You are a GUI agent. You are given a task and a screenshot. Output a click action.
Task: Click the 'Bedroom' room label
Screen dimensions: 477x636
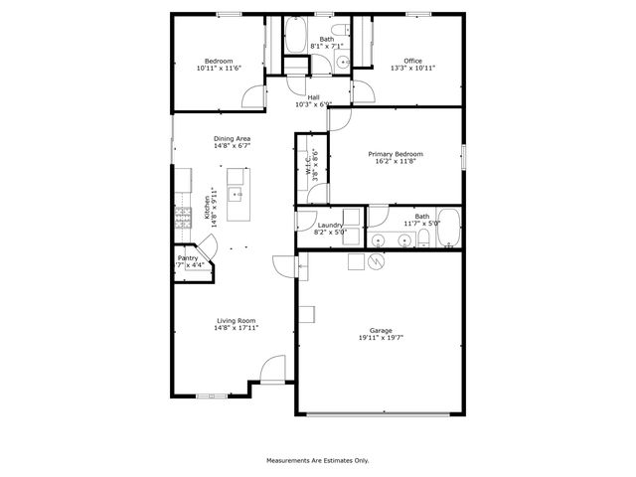219,61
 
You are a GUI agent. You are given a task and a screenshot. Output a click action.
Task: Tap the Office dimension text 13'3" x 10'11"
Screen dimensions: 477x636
412,68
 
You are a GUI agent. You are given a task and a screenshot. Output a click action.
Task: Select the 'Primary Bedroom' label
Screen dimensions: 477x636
396,154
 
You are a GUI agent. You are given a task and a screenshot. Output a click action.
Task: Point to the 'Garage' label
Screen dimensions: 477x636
381,331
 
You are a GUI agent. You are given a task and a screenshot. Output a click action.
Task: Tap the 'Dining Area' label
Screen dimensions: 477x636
232,138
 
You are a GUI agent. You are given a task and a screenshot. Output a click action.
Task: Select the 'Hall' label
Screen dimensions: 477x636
313,96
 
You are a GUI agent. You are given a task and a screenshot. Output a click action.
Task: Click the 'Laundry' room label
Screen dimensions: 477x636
330,225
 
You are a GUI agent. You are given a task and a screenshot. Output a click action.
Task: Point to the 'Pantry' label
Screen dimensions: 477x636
188,257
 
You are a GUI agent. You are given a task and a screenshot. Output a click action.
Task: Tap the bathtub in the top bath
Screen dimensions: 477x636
295,36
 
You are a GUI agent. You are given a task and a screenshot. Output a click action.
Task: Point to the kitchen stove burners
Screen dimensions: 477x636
184,220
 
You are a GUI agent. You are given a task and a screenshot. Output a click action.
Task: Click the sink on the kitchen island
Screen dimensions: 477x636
238,194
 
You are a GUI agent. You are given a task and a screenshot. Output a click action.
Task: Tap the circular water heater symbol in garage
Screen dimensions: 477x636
377,262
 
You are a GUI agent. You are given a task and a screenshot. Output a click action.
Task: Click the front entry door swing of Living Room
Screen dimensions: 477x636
270,372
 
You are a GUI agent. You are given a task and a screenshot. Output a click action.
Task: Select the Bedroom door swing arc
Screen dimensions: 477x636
256,97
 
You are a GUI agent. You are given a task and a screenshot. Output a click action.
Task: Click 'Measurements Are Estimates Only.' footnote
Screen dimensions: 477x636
317,460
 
